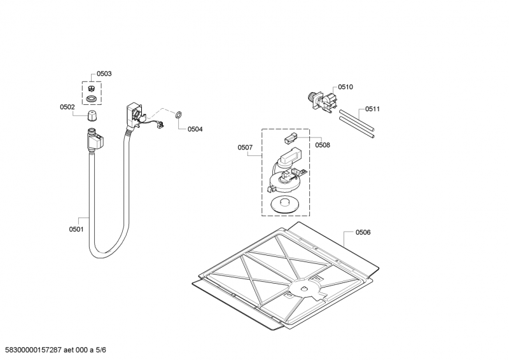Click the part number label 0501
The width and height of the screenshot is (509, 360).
76,229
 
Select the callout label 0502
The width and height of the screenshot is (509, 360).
67,107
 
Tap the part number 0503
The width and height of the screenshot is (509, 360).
104,74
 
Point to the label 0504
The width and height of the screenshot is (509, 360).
195,129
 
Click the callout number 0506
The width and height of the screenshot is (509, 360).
363,232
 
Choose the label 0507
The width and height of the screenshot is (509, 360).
245,148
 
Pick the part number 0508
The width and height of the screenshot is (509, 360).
323,145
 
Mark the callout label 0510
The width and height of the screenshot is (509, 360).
345,87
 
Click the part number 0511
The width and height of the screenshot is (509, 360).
373,109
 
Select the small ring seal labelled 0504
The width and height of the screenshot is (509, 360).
179,115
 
